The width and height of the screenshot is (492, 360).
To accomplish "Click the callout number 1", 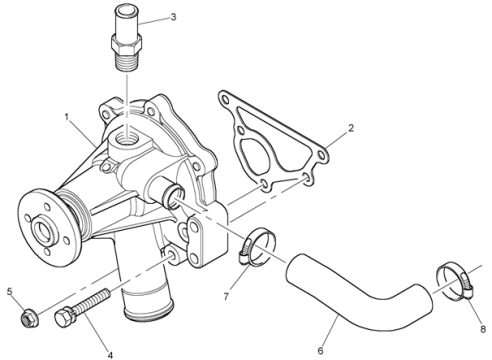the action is [67, 117].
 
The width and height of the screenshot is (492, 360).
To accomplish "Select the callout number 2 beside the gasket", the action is [351, 128].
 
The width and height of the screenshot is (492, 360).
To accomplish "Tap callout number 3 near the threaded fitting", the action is [173, 17].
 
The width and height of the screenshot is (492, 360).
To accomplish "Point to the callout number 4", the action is [110, 355].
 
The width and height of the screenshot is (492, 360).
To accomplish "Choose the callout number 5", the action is [10, 292].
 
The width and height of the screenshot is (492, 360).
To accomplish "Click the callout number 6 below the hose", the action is [320, 350].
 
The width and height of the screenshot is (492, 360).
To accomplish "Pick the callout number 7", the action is [226, 296].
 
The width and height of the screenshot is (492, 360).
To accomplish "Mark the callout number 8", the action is [483, 329].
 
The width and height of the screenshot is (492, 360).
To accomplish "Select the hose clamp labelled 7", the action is [257, 247].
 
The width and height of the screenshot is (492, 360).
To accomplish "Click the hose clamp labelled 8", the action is [455, 280].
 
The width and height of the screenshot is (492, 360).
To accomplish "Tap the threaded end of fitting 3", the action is [126, 61].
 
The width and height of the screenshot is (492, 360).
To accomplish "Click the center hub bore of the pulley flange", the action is [43, 230].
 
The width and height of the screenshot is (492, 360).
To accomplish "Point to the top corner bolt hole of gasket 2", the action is [226, 100].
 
